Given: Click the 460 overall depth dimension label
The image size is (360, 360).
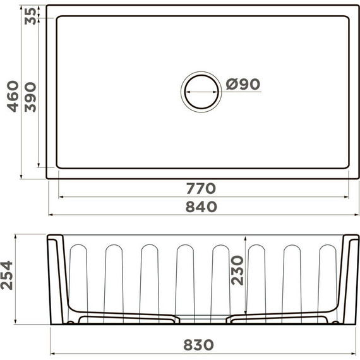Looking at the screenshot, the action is (x=13, y=97).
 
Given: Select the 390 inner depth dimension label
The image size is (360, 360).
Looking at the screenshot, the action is (x=30, y=97).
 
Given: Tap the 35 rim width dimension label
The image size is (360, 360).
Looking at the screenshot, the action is (x=30, y=16).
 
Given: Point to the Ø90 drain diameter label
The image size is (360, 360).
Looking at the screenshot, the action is (x=243, y=84).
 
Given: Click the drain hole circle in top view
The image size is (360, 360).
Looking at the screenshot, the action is (x=202, y=75).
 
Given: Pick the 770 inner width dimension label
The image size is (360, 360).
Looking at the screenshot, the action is (x=201, y=188).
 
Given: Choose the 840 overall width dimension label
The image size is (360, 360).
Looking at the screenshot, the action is (x=201, y=207).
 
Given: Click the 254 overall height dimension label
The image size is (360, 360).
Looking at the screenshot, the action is (x=6, y=275).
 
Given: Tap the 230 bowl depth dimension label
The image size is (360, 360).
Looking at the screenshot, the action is (x=237, y=270).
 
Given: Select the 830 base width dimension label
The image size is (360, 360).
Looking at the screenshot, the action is (x=198, y=345).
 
